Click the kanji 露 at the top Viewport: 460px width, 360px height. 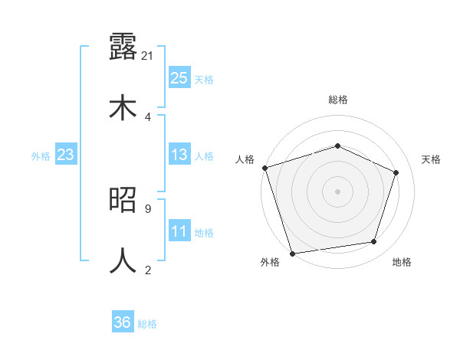tap(123, 47)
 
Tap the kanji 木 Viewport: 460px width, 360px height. tap(123, 107)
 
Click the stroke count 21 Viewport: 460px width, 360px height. tap(149, 56)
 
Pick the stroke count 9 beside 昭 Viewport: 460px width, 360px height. tap(147, 208)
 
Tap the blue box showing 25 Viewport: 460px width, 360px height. tap(179, 78)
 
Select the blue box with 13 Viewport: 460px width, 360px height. tap(179, 155)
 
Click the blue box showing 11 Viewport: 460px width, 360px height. tap(179, 231)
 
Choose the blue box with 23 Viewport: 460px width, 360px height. tap(66, 155)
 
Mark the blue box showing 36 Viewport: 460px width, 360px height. tap(123, 322)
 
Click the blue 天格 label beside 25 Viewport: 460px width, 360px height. tap(204, 79)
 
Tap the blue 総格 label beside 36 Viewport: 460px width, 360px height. tap(147, 323)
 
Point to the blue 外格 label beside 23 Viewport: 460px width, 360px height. tap(41, 156)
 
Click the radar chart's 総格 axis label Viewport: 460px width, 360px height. tap(337, 100)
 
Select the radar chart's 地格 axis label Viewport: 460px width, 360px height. tap(402, 262)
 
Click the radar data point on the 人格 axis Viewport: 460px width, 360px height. tap(264, 168)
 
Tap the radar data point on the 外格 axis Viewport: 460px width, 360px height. tap(292, 253)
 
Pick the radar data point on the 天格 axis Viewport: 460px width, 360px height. tap(396, 172)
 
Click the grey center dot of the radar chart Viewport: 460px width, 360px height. tap(337, 191)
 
